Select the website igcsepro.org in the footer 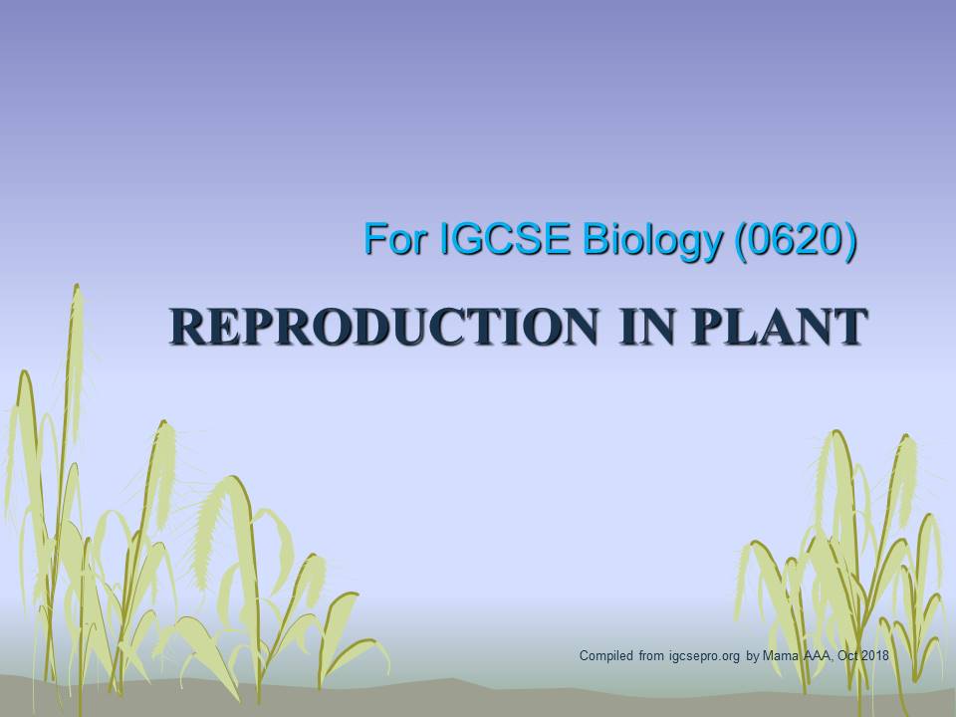click(x=702, y=656)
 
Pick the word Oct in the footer click(x=843, y=656)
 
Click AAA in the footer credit click(x=816, y=656)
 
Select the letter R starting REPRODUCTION click(x=184, y=328)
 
